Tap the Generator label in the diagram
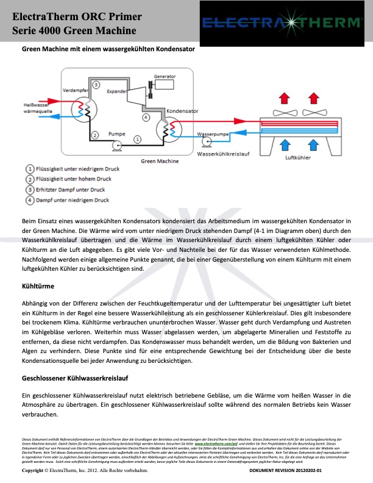point(165,77)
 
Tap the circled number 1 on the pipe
point(137,140)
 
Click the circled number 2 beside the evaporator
point(94,135)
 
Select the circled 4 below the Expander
point(145,116)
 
